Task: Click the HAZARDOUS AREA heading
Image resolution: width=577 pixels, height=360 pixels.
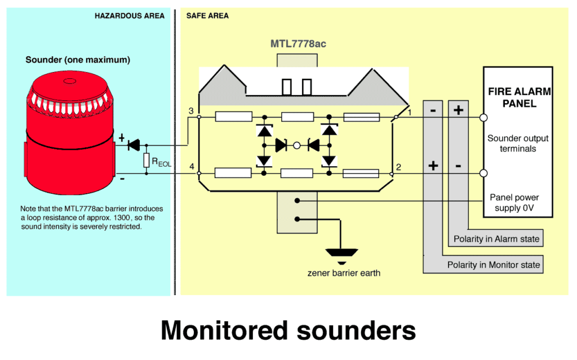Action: (x=130, y=16)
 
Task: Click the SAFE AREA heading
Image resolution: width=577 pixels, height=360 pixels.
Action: (x=207, y=16)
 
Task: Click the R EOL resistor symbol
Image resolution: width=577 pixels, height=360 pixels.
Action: (x=147, y=161)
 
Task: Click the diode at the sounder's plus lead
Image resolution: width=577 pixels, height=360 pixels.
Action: (x=134, y=145)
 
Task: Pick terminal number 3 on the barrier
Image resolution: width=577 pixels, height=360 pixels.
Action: (x=192, y=110)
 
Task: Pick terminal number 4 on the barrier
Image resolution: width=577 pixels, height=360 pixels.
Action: (x=192, y=167)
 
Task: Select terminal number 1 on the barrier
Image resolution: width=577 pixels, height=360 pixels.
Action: (x=410, y=112)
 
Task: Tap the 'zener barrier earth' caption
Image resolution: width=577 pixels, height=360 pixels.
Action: (x=344, y=273)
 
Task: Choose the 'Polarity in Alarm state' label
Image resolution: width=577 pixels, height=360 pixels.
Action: (x=496, y=239)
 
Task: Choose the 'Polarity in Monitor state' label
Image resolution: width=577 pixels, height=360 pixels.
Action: (x=493, y=265)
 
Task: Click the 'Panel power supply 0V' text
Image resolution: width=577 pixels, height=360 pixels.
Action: (x=514, y=203)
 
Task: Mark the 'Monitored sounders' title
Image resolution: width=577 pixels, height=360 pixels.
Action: (x=288, y=331)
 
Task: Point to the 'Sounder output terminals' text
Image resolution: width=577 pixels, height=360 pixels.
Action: (x=518, y=144)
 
